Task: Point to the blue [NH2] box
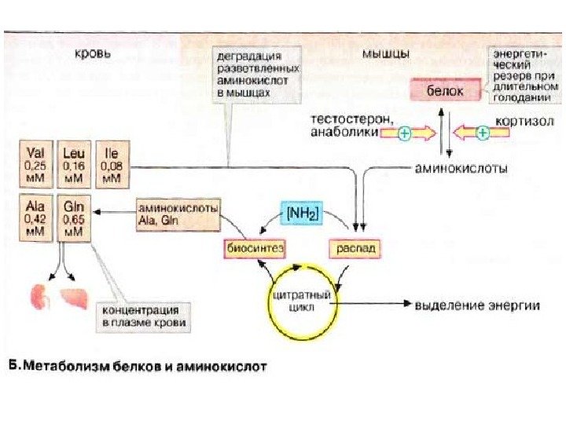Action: coord(301,213)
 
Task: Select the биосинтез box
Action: coord(253,247)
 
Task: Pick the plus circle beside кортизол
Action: coord(482,133)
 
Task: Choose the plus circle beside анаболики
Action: coord(404,133)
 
